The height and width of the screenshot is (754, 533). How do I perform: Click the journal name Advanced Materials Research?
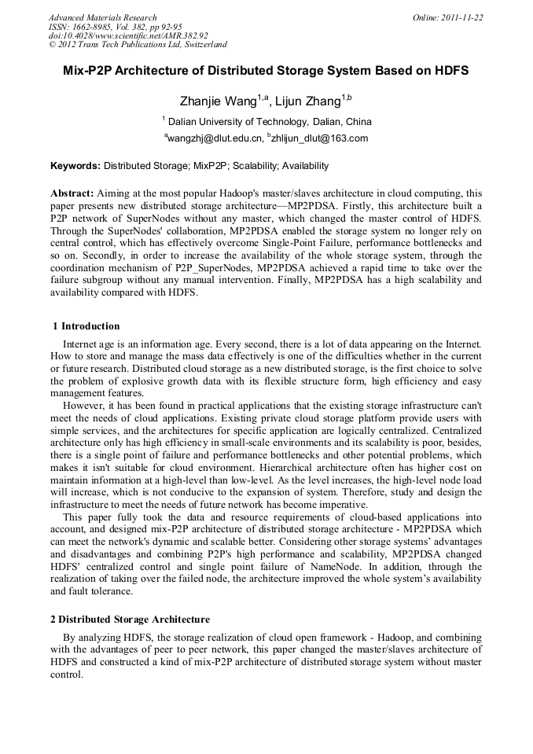pyautogui.click(x=102, y=17)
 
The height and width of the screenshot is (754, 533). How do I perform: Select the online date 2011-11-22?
pyautogui.click(x=462, y=17)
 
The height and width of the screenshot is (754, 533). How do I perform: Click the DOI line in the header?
pyautogui.click(x=128, y=35)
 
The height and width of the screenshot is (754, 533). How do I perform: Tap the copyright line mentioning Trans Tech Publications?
pyautogui.click(x=138, y=45)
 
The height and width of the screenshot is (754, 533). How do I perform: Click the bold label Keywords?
pyautogui.click(x=75, y=166)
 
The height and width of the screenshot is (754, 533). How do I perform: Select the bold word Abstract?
pyautogui.click(x=72, y=193)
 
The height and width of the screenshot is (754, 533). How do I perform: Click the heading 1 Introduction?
pyautogui.click(x=86, y=326)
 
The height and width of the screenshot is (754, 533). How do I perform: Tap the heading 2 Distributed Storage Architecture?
pyautogui.click(x=130, y=620)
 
